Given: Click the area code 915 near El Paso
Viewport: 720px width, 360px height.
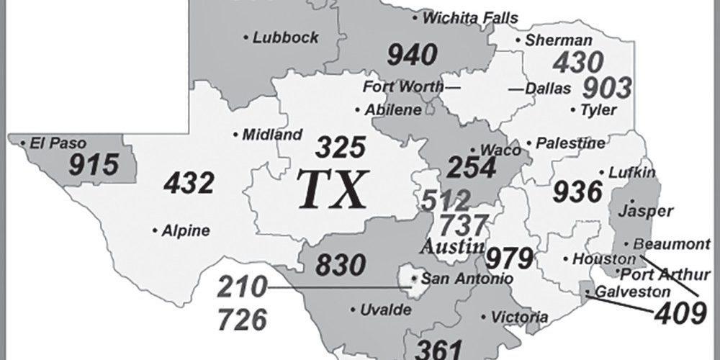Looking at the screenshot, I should point(93,165).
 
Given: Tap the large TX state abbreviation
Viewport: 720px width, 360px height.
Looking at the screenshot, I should point(333,190).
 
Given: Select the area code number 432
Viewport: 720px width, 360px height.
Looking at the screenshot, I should point(189,184).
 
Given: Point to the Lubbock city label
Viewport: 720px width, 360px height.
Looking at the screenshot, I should point(285,37).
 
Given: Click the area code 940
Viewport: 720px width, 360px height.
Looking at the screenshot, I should point(413,54).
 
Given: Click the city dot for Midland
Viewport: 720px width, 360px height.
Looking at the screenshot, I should point(237,134).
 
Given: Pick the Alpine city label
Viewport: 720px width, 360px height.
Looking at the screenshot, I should point(186,231).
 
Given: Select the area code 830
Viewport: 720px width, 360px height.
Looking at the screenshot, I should point(341,265).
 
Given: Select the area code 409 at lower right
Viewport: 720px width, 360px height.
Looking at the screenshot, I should point(679,312).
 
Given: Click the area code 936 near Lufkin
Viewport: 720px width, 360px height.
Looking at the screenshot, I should point(577,192).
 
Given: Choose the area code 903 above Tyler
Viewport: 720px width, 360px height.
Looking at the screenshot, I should point(606,87).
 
